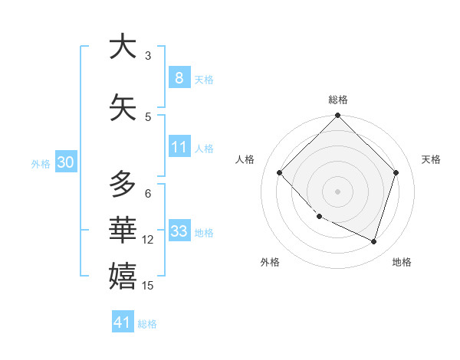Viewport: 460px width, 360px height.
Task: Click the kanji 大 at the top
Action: (x=123, y=47)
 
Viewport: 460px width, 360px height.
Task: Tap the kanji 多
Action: (x=123, y=185)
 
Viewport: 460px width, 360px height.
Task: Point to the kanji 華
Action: (x=123, y=227)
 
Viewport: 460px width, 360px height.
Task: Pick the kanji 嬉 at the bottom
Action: (x=123, y=275)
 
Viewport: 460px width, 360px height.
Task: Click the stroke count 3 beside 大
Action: (x=148, y=56)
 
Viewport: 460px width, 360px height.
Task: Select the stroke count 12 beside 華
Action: (x=148, y=240)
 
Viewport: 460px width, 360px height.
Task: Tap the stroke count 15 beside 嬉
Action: (x=148, y=286)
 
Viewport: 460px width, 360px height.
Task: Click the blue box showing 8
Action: (x=179, y=77)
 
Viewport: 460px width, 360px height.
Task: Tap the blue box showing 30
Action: (x=65, y=162)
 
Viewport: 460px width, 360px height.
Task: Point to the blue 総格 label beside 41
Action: (x=147, y=324)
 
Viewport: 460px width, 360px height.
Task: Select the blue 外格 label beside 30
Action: (x=41, y=163)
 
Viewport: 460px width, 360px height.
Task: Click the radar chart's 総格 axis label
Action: (x=337, y=100)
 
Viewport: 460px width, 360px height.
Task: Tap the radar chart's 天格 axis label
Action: (x=431, y=159)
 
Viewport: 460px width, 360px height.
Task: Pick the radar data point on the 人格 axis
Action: (x=280, y=172)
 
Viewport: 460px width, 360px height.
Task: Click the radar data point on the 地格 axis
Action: (x=373, y=241)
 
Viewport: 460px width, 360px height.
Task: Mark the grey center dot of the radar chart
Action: (x=337, y=191)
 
